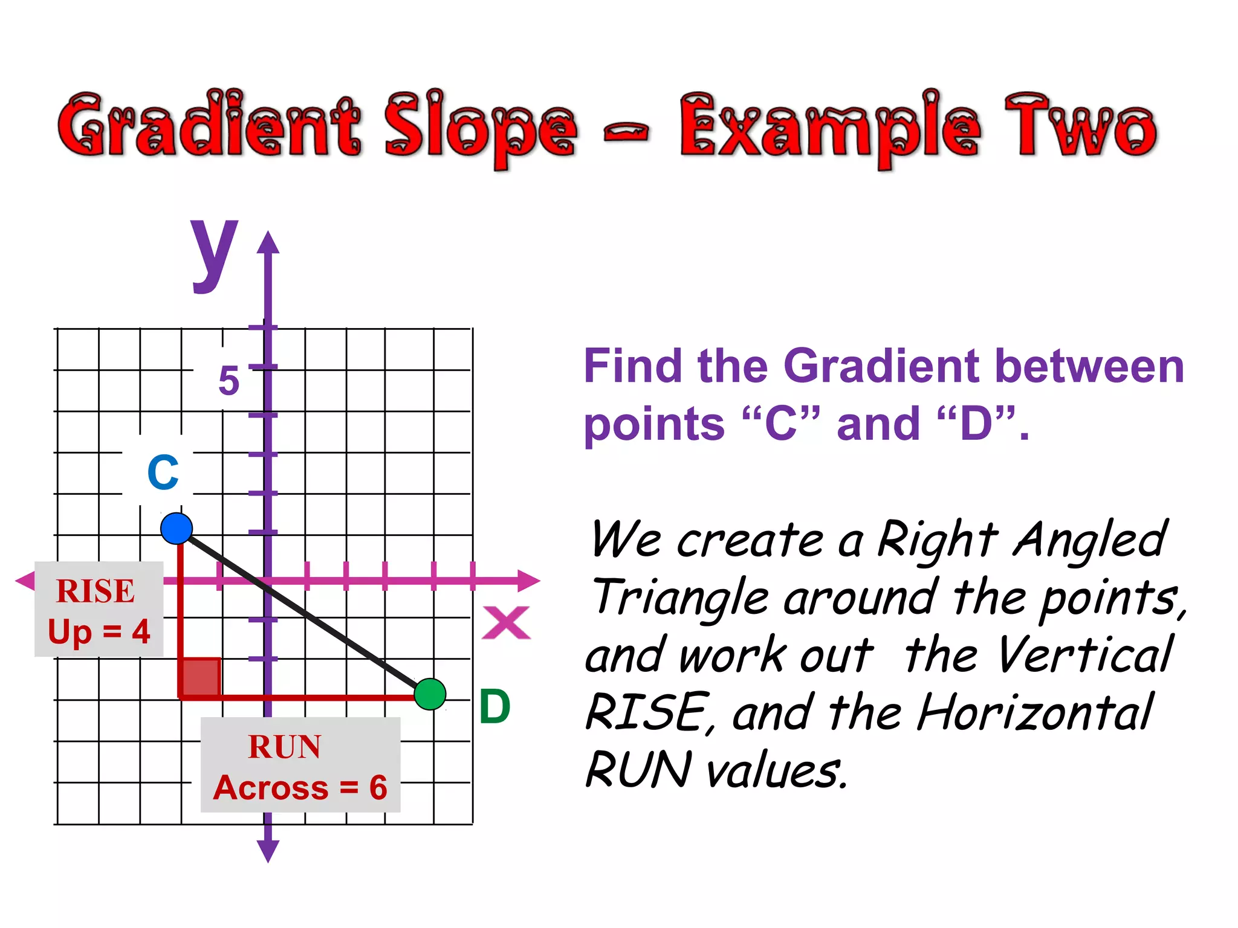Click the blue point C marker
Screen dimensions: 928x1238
point(177,529)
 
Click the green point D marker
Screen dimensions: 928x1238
point(430,694)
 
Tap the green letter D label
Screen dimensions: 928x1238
point(494,706)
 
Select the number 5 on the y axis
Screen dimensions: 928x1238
point(228,381)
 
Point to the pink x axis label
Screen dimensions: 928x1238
point(506,623)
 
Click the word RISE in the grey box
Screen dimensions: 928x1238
point(95,591)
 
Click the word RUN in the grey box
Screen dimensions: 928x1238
point(284,747)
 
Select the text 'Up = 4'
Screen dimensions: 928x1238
point(99,632)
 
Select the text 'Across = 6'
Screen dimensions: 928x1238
point(300,788)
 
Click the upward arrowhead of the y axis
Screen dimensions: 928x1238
point(268,242)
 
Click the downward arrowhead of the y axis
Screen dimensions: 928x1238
point(268,851)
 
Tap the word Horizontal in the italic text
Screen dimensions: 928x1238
point(1034,713)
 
